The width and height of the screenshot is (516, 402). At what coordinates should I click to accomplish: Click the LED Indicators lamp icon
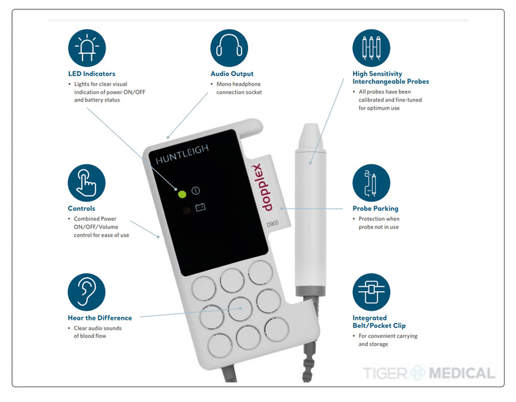coord(87,48)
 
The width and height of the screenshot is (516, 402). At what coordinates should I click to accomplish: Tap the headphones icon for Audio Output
coord(229,48)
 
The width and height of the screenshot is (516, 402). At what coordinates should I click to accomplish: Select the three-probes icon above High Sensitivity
coord(371,48)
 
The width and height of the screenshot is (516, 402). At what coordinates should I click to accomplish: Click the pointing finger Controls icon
coord(87,183)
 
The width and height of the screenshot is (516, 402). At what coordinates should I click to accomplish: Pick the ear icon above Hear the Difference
coord(87,292)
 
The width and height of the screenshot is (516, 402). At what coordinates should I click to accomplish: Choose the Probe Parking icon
coord(371,183)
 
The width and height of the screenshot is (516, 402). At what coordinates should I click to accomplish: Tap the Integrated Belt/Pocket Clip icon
coord(371,292)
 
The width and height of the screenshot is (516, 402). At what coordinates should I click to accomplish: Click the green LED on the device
coord(182,194)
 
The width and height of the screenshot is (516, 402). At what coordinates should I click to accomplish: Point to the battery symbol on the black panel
coord(200,207)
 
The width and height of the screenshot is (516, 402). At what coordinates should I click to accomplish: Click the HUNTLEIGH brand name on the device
coord(183,154)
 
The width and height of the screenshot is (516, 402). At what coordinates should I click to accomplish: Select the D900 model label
coord(273,224)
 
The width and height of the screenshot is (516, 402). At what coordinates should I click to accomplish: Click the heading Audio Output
coord(232,74)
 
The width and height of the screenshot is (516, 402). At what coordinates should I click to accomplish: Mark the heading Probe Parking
coord(375,208)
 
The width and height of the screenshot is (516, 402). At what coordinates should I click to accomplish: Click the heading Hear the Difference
coord(100,318)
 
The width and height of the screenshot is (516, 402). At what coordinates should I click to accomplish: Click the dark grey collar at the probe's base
coord(311,291)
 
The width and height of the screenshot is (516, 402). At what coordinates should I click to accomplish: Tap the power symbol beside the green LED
coord(196,191)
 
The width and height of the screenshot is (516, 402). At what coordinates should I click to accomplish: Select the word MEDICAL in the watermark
coord(461,373)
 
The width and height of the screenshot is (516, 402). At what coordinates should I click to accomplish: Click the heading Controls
coord(82,208)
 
